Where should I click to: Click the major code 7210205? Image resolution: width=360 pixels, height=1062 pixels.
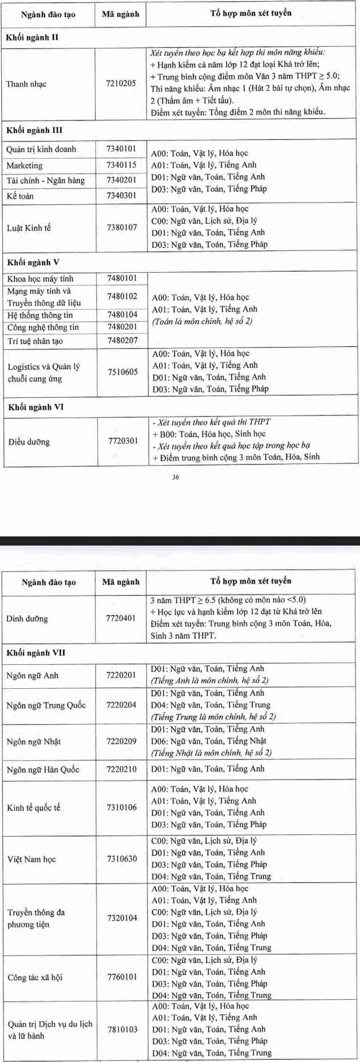pos(121,83)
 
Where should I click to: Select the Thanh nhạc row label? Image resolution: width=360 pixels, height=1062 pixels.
pos(26,84)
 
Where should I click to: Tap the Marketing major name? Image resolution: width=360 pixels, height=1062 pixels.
pos(25,165)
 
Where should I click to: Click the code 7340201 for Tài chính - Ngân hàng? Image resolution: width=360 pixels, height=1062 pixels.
pos(122,180)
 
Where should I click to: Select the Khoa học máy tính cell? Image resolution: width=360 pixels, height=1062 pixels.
pos(41,278)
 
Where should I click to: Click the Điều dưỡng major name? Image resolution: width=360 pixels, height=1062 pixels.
pos(29,442)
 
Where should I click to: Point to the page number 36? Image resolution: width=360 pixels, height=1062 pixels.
pos(176,477)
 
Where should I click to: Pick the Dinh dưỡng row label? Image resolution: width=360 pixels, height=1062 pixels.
pos(27,619)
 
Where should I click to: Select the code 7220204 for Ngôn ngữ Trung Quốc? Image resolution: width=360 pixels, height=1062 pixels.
pos(122,705)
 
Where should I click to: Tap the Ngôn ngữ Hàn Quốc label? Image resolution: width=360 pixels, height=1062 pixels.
pos(43,769)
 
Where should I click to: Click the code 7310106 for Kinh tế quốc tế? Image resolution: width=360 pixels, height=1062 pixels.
pos(122,807)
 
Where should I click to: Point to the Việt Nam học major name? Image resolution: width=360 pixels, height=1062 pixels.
pos(31,859)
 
